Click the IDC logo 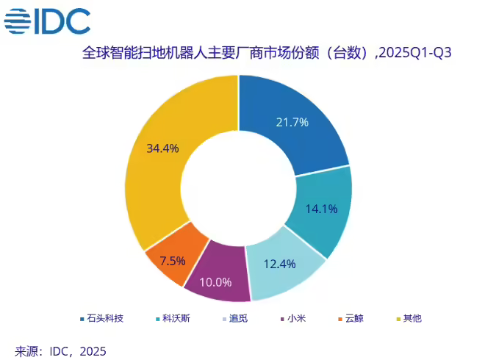[x=48, y=21]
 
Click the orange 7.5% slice [x=173, y=259]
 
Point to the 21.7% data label [x=291, y=123]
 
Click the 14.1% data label [x=321, y=209]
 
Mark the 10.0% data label [x=216, y=281]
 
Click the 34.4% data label [x=162, y=148]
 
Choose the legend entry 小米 [x=293, y=318]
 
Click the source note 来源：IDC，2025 [x=61, y=351]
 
